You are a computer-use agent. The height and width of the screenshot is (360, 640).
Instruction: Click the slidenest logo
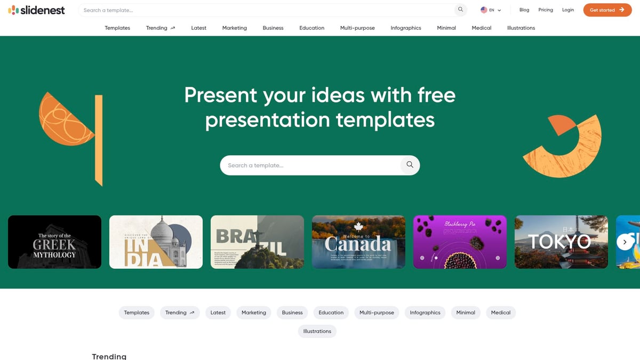[36, 10]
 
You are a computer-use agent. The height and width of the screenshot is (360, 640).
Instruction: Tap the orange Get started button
[607, 10]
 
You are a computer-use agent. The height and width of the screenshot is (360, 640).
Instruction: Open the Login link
[568, 10]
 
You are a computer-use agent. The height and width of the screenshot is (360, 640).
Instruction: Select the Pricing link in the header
[546, 10]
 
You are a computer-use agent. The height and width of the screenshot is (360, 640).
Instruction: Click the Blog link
[524, 10]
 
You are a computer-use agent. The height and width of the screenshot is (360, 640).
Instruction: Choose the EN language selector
[491, 10]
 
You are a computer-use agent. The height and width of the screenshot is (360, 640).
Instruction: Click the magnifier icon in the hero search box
[410, 165]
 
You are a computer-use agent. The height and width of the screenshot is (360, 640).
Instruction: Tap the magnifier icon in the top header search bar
[460, 10]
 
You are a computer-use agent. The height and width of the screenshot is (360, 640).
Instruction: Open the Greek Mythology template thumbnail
[54, 242]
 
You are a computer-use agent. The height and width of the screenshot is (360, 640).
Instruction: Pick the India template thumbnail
[156, 242]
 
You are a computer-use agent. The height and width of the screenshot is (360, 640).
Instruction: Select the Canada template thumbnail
[358, 242]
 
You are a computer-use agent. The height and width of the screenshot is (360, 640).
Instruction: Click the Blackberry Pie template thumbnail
[460, 242]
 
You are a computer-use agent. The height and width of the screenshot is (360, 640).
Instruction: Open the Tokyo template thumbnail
[561, 242]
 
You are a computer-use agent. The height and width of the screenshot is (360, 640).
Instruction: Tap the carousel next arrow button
[625, 242]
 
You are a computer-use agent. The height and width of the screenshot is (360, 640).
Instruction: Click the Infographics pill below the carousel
[425, 313]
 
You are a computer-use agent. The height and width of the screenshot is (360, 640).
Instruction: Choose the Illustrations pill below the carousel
[317, 331]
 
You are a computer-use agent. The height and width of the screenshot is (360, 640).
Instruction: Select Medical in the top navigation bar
[482, 28]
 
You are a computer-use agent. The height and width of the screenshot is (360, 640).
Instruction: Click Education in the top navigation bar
[312, 28]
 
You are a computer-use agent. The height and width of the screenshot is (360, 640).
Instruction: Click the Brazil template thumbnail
[257, 242]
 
